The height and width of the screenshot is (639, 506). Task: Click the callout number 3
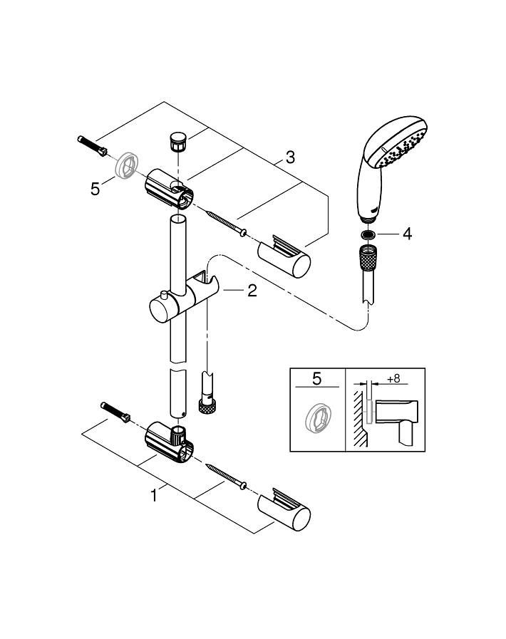[x=289, y=157]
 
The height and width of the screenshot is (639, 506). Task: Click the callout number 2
[x=252, y=291]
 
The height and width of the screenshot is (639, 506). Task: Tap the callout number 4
[x=407, y=234]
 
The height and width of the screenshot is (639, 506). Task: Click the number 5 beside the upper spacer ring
[x=95, y=189]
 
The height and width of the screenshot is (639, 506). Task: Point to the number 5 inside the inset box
[x=316, y=379]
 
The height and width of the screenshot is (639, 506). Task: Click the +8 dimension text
[x=393, y=379]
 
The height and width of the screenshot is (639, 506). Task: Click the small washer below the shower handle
[x=367, y=234]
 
